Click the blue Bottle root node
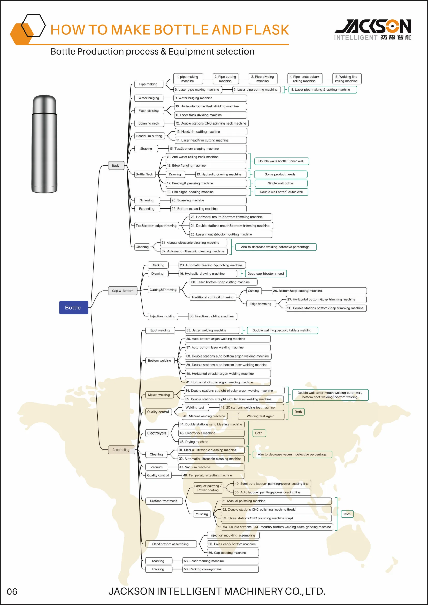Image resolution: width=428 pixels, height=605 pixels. point(74,307)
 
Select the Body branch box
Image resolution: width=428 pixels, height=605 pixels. point(116,166)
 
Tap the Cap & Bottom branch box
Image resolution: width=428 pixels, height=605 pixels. point(123,291)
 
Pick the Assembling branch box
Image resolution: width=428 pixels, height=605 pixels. point(121,449)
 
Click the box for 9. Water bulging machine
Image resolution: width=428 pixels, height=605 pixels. point(210,98)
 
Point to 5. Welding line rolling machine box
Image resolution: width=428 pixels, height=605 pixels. point(346,79)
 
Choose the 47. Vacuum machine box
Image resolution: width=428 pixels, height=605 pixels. point(211,467)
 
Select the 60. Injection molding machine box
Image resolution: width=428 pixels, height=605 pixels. point(212,316)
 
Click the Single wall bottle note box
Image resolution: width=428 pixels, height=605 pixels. point(281,183)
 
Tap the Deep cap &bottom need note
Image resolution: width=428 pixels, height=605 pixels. point(265,274)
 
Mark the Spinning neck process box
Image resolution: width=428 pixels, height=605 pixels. point(149,123)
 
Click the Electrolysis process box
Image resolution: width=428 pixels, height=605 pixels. point(157,433)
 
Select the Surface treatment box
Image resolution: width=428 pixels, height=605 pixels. point(164,501)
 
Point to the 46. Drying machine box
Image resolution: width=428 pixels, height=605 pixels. point(211,442)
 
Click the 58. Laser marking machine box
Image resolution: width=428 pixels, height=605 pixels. point(220,561)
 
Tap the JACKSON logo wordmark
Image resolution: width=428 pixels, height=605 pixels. point(373,26)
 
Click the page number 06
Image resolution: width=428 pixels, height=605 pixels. point(12,592)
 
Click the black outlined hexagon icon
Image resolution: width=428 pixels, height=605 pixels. point(34,25)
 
